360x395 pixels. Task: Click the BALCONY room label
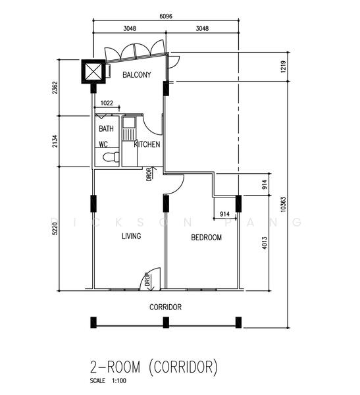tap(136, 75)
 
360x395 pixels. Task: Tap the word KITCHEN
tap(147, 144)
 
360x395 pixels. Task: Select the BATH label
tap(106, 129)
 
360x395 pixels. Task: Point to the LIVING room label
tap(131, 236)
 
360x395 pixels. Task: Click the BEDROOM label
tap(207, 237)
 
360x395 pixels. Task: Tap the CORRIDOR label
tap(165, 307)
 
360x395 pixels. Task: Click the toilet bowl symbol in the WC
tap(111, 157)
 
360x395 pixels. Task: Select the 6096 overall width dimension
tap(166, 16)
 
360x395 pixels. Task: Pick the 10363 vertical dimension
tap(284, 204)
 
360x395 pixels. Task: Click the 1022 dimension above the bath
tap(107, 103)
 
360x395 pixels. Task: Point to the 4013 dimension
tap(265, 243)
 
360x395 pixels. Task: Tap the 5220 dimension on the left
tap(55, 228)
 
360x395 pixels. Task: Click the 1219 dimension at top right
tap(283, 66)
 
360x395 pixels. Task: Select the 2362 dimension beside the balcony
tap(55, 88)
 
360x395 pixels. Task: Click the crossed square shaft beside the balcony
tap(93, 72)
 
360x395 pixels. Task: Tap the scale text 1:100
tap(119, 381)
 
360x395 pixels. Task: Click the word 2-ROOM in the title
tap(115, 367)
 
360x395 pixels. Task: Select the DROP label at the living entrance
tap(147, 280)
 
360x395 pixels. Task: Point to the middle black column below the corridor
tap(166, 323)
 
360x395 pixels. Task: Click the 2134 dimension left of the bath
tap(55, 142)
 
